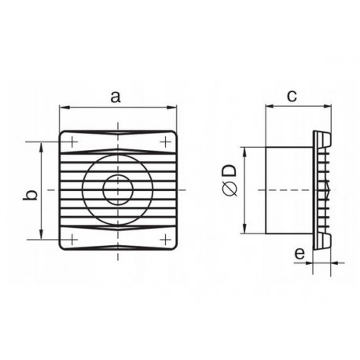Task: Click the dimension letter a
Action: point(116,97)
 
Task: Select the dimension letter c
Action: point(292,97)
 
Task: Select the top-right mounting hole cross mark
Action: point(166,142)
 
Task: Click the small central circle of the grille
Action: point(119,189)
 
